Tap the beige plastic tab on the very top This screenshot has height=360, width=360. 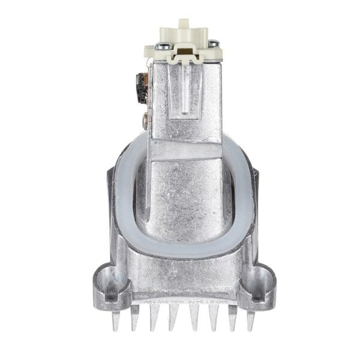click(x=184, y=25)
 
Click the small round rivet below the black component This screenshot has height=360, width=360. click(x=145, y=120)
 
